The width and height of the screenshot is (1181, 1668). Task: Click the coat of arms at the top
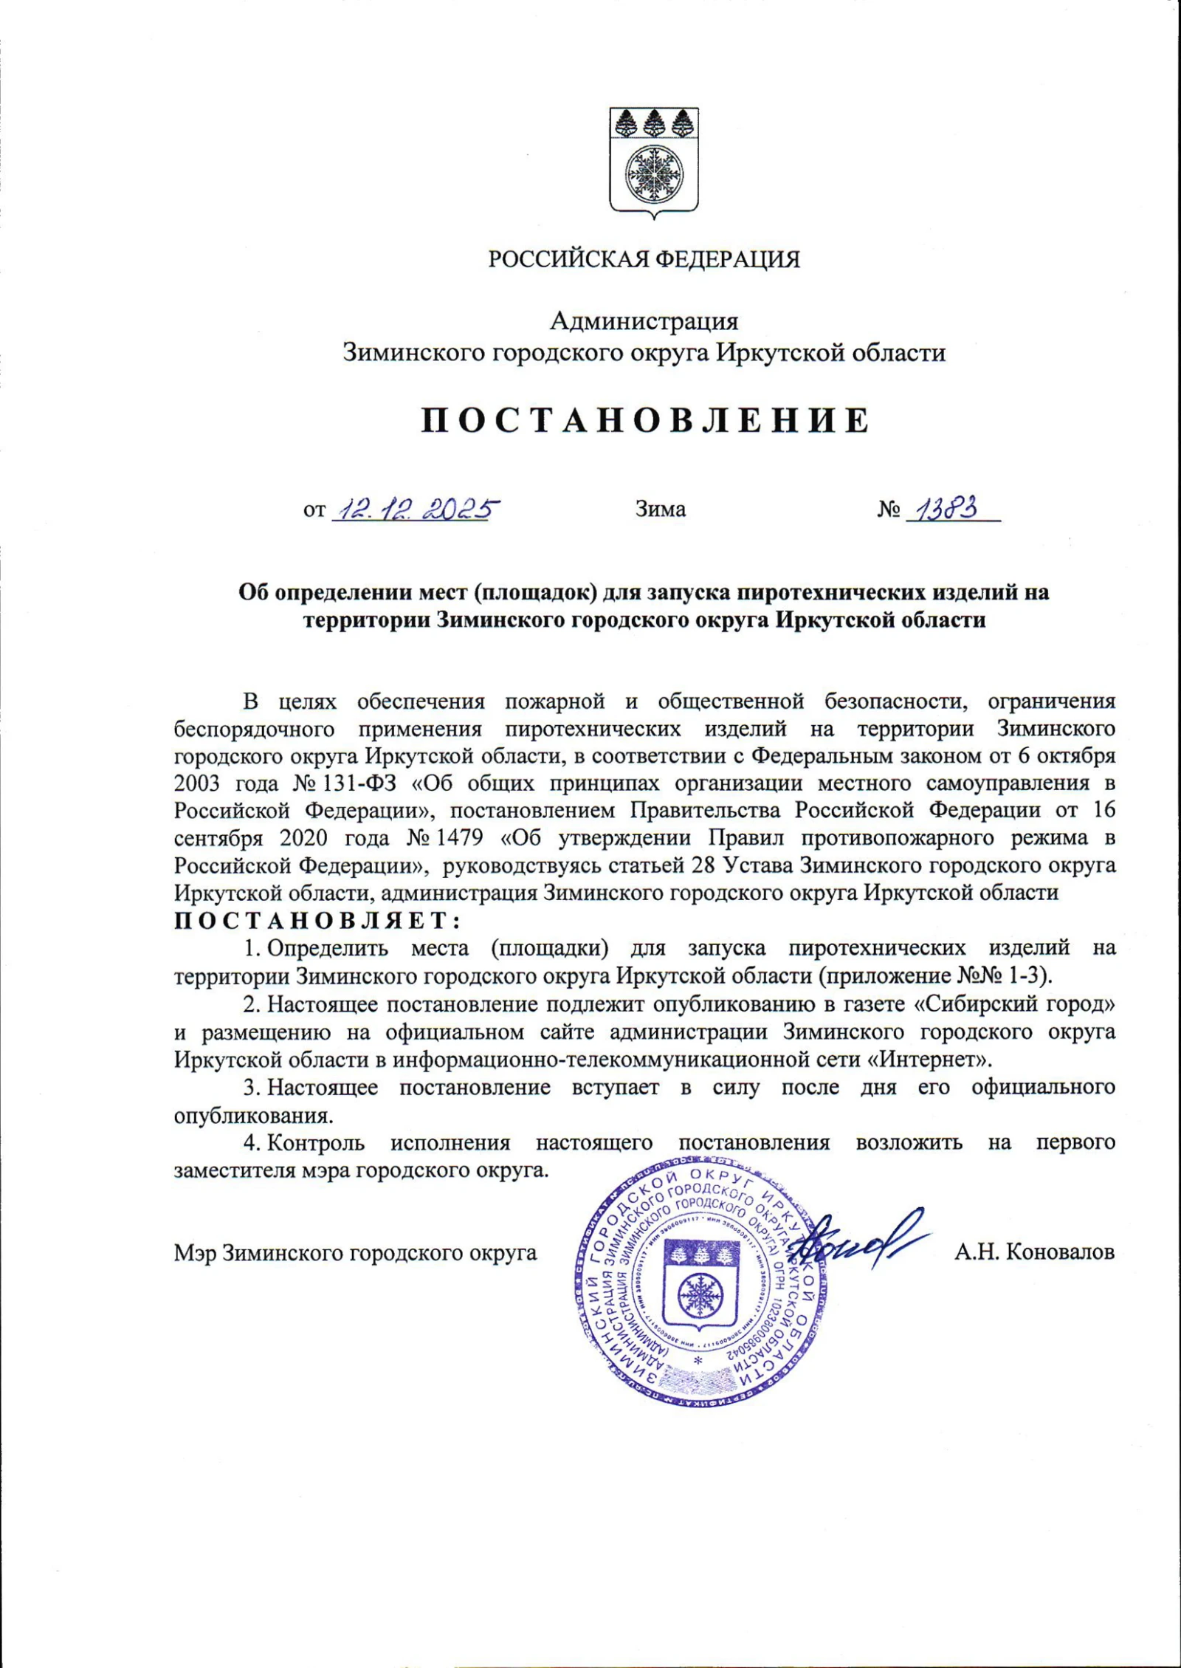(653, 163)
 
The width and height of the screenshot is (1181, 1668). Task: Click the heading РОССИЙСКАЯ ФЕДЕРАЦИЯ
(644, 259)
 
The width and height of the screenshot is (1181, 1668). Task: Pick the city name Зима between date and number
(661, 509)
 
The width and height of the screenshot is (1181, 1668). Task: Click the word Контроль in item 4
(316, 1143)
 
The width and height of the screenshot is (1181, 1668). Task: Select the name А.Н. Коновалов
(1033, 1252)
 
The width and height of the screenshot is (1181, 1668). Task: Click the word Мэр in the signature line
(195, 1253)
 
